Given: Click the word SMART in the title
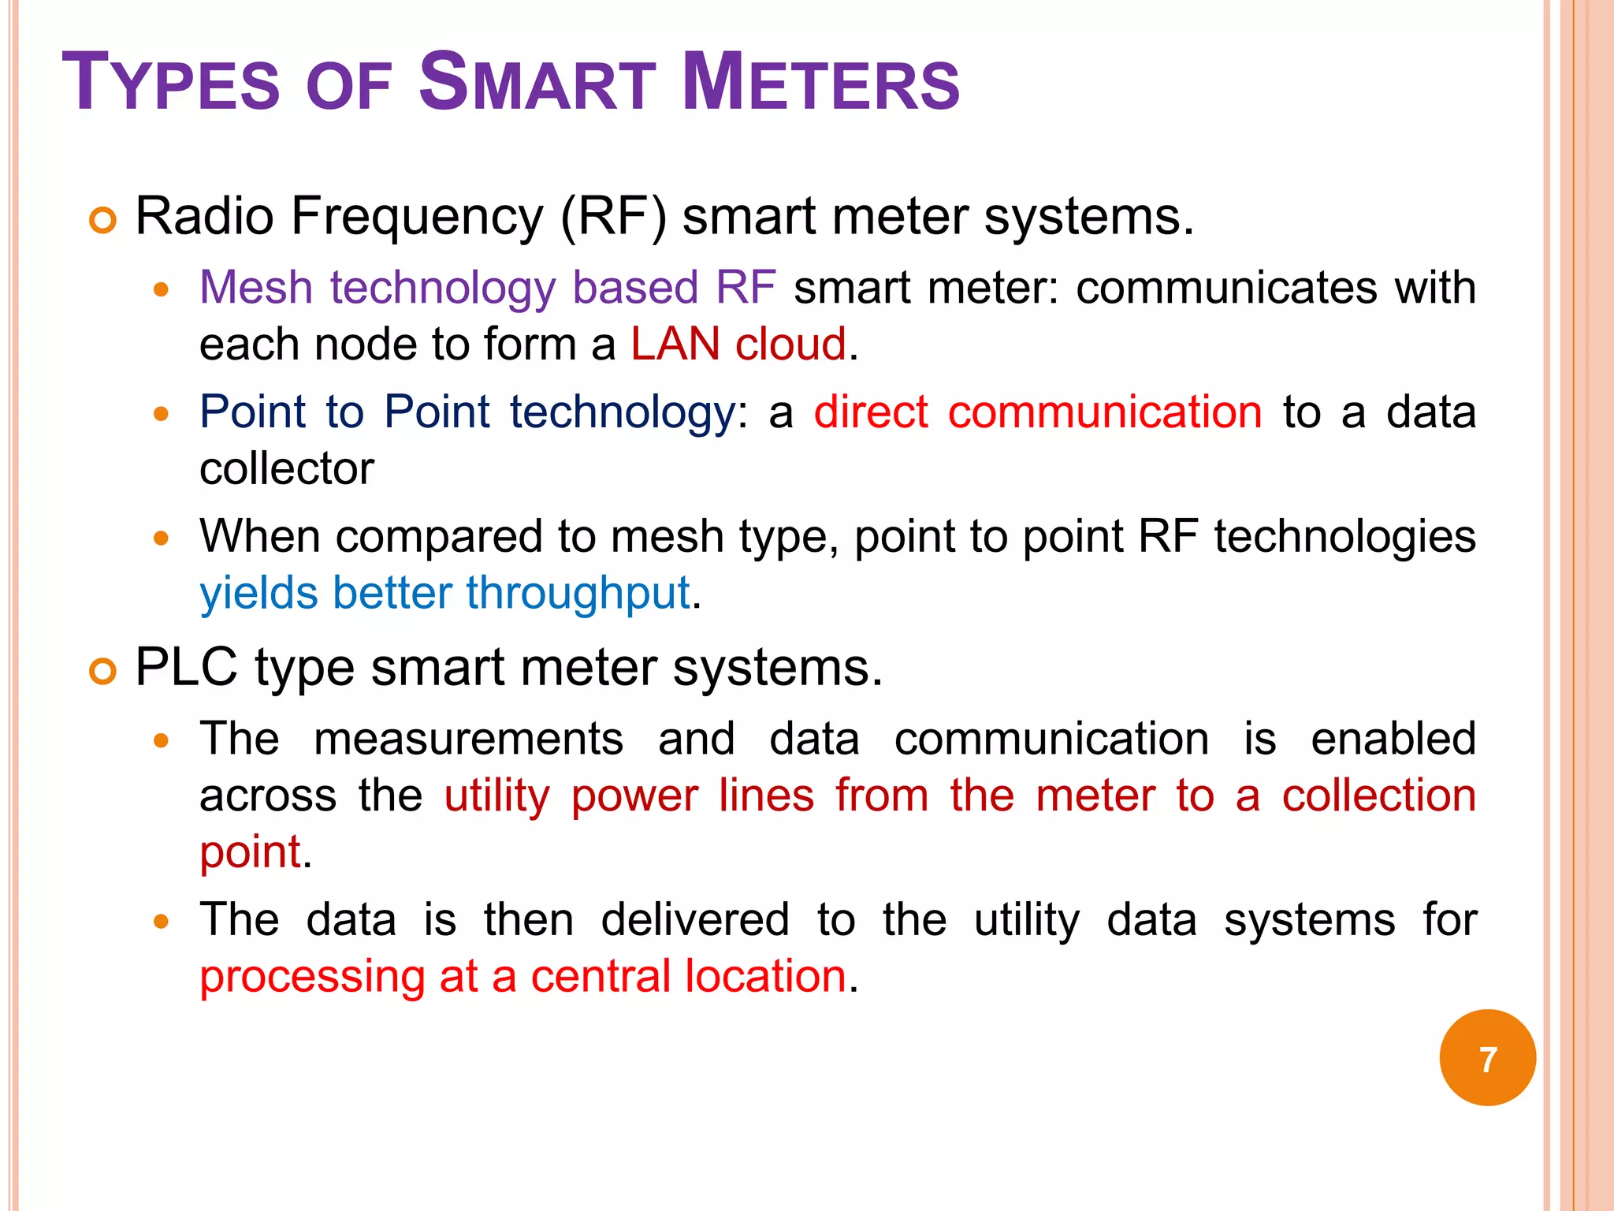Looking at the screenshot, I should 536,82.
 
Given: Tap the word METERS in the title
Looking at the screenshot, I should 820,82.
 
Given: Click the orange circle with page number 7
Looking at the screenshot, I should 1487,1058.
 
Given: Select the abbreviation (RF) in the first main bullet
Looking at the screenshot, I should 613,216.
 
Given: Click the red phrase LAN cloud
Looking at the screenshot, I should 738,345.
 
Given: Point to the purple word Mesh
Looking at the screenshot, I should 256,287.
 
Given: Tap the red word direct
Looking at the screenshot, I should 871,412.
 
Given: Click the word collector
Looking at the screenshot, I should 287,469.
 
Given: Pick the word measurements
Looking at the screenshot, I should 468,740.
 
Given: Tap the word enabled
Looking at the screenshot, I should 1393,740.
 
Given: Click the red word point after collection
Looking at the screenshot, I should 251,852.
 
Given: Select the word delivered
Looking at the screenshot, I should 694,920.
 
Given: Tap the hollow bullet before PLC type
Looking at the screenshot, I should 103,672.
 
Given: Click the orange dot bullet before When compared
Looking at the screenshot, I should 162,538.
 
